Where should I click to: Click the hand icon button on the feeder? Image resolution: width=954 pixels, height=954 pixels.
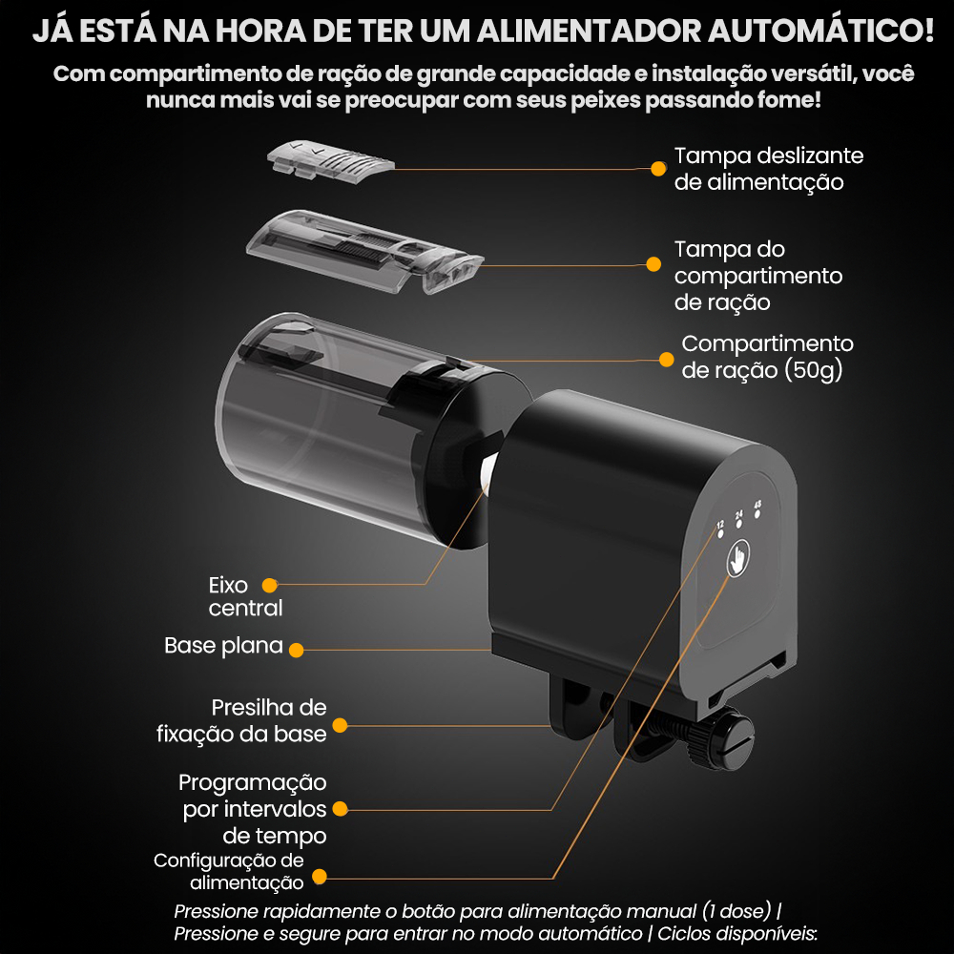click(737, 557)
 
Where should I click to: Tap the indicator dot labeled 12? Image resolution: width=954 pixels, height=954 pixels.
click(721, 533)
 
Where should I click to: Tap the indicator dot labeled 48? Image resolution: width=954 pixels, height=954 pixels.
click(757, 513)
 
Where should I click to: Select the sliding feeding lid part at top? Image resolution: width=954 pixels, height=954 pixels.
click(330, 160)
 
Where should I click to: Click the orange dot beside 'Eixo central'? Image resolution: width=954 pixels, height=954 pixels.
click(270, 585)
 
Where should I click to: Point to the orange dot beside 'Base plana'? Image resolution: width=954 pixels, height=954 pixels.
click(297, 650)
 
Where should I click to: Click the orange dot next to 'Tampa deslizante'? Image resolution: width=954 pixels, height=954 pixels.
click(657, 169)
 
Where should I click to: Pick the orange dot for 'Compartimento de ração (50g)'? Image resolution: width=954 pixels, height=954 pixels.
click(666, 359)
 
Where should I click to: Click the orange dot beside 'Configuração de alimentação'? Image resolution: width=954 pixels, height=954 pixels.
click(320, 876)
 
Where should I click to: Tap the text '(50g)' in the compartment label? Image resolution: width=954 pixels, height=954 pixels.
click(814, 370)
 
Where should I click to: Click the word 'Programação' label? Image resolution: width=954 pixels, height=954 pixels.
click(253, 783)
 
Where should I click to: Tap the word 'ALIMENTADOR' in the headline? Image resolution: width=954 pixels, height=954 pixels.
click(589, 31)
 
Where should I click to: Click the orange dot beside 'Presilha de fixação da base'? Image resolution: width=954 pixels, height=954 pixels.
click(340, 725)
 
